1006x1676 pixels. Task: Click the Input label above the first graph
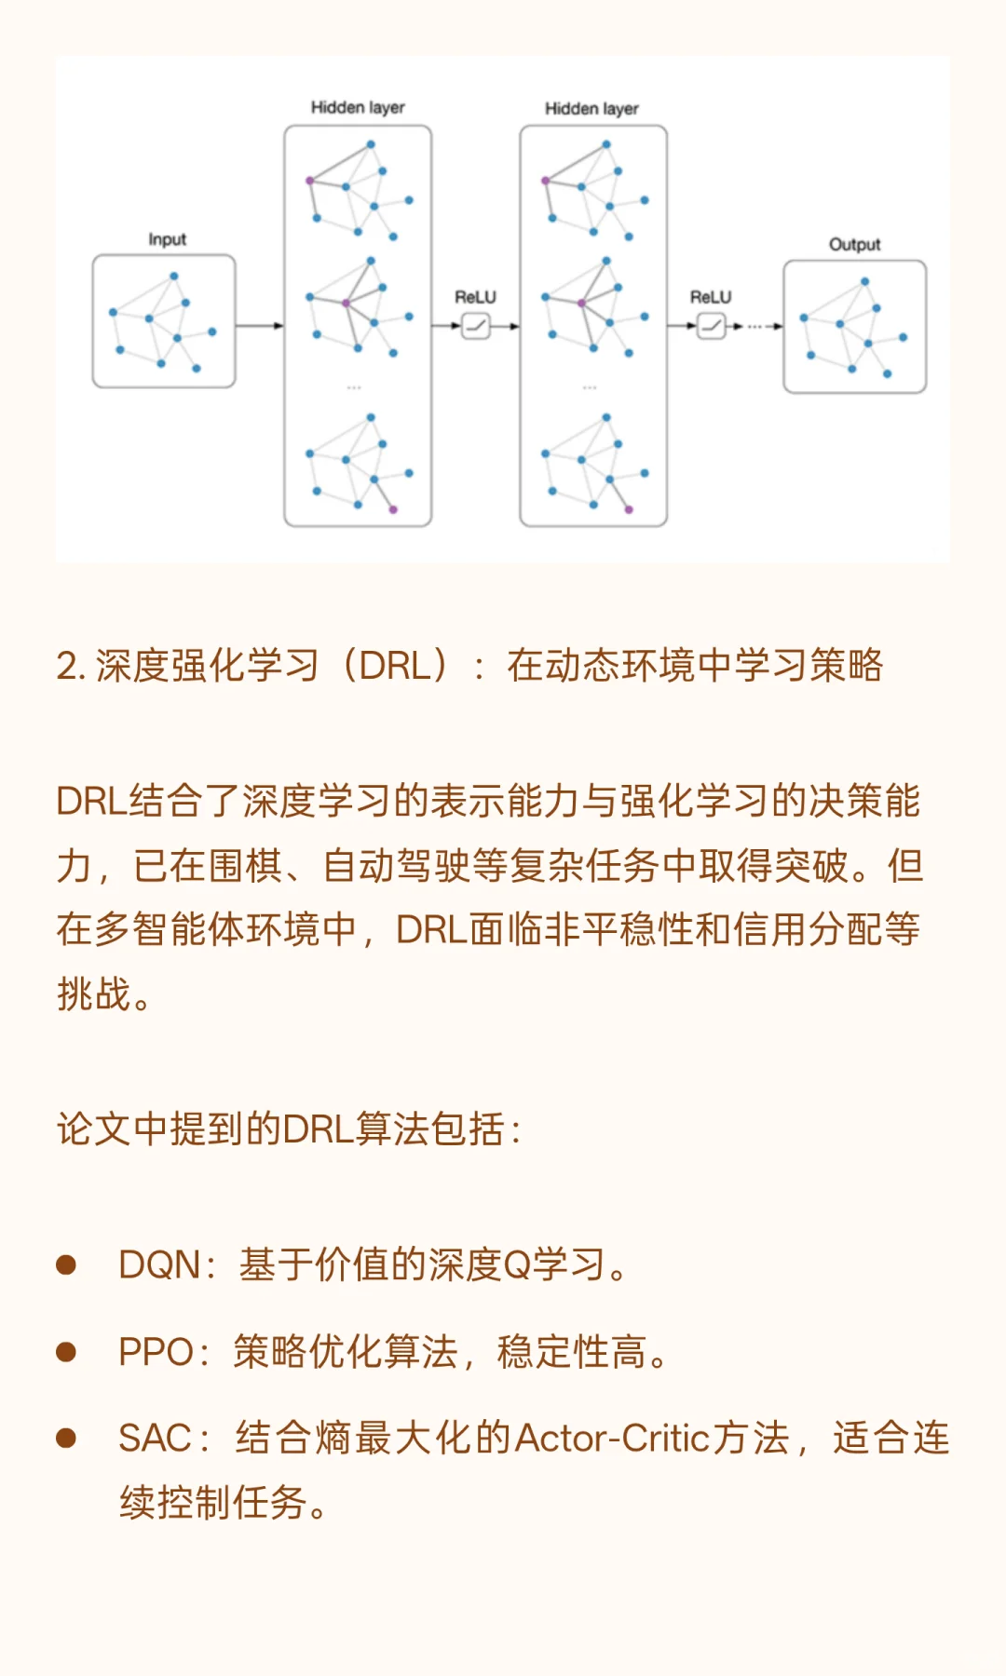[168, 239]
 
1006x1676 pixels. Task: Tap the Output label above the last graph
[854, 244]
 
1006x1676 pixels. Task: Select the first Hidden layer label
[358, 108]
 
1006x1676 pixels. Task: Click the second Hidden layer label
[591, 109]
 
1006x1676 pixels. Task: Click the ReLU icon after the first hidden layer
[476, 326]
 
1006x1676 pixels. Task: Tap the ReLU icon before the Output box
[712, 326]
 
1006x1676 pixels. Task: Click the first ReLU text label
[475, 297]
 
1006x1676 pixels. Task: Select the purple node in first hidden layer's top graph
[310, 181]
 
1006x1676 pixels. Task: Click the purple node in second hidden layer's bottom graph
[629, 509]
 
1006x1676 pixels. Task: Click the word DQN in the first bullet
[159, 1265]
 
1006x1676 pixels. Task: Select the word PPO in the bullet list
[156, 1352]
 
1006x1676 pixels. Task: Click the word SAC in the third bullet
[155, 1439]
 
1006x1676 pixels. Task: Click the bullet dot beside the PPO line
[66, 1352]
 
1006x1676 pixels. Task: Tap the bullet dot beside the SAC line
[66, 1439]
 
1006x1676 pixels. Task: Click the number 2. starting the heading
[71, 667]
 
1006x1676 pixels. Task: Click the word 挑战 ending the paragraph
[93, 994]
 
